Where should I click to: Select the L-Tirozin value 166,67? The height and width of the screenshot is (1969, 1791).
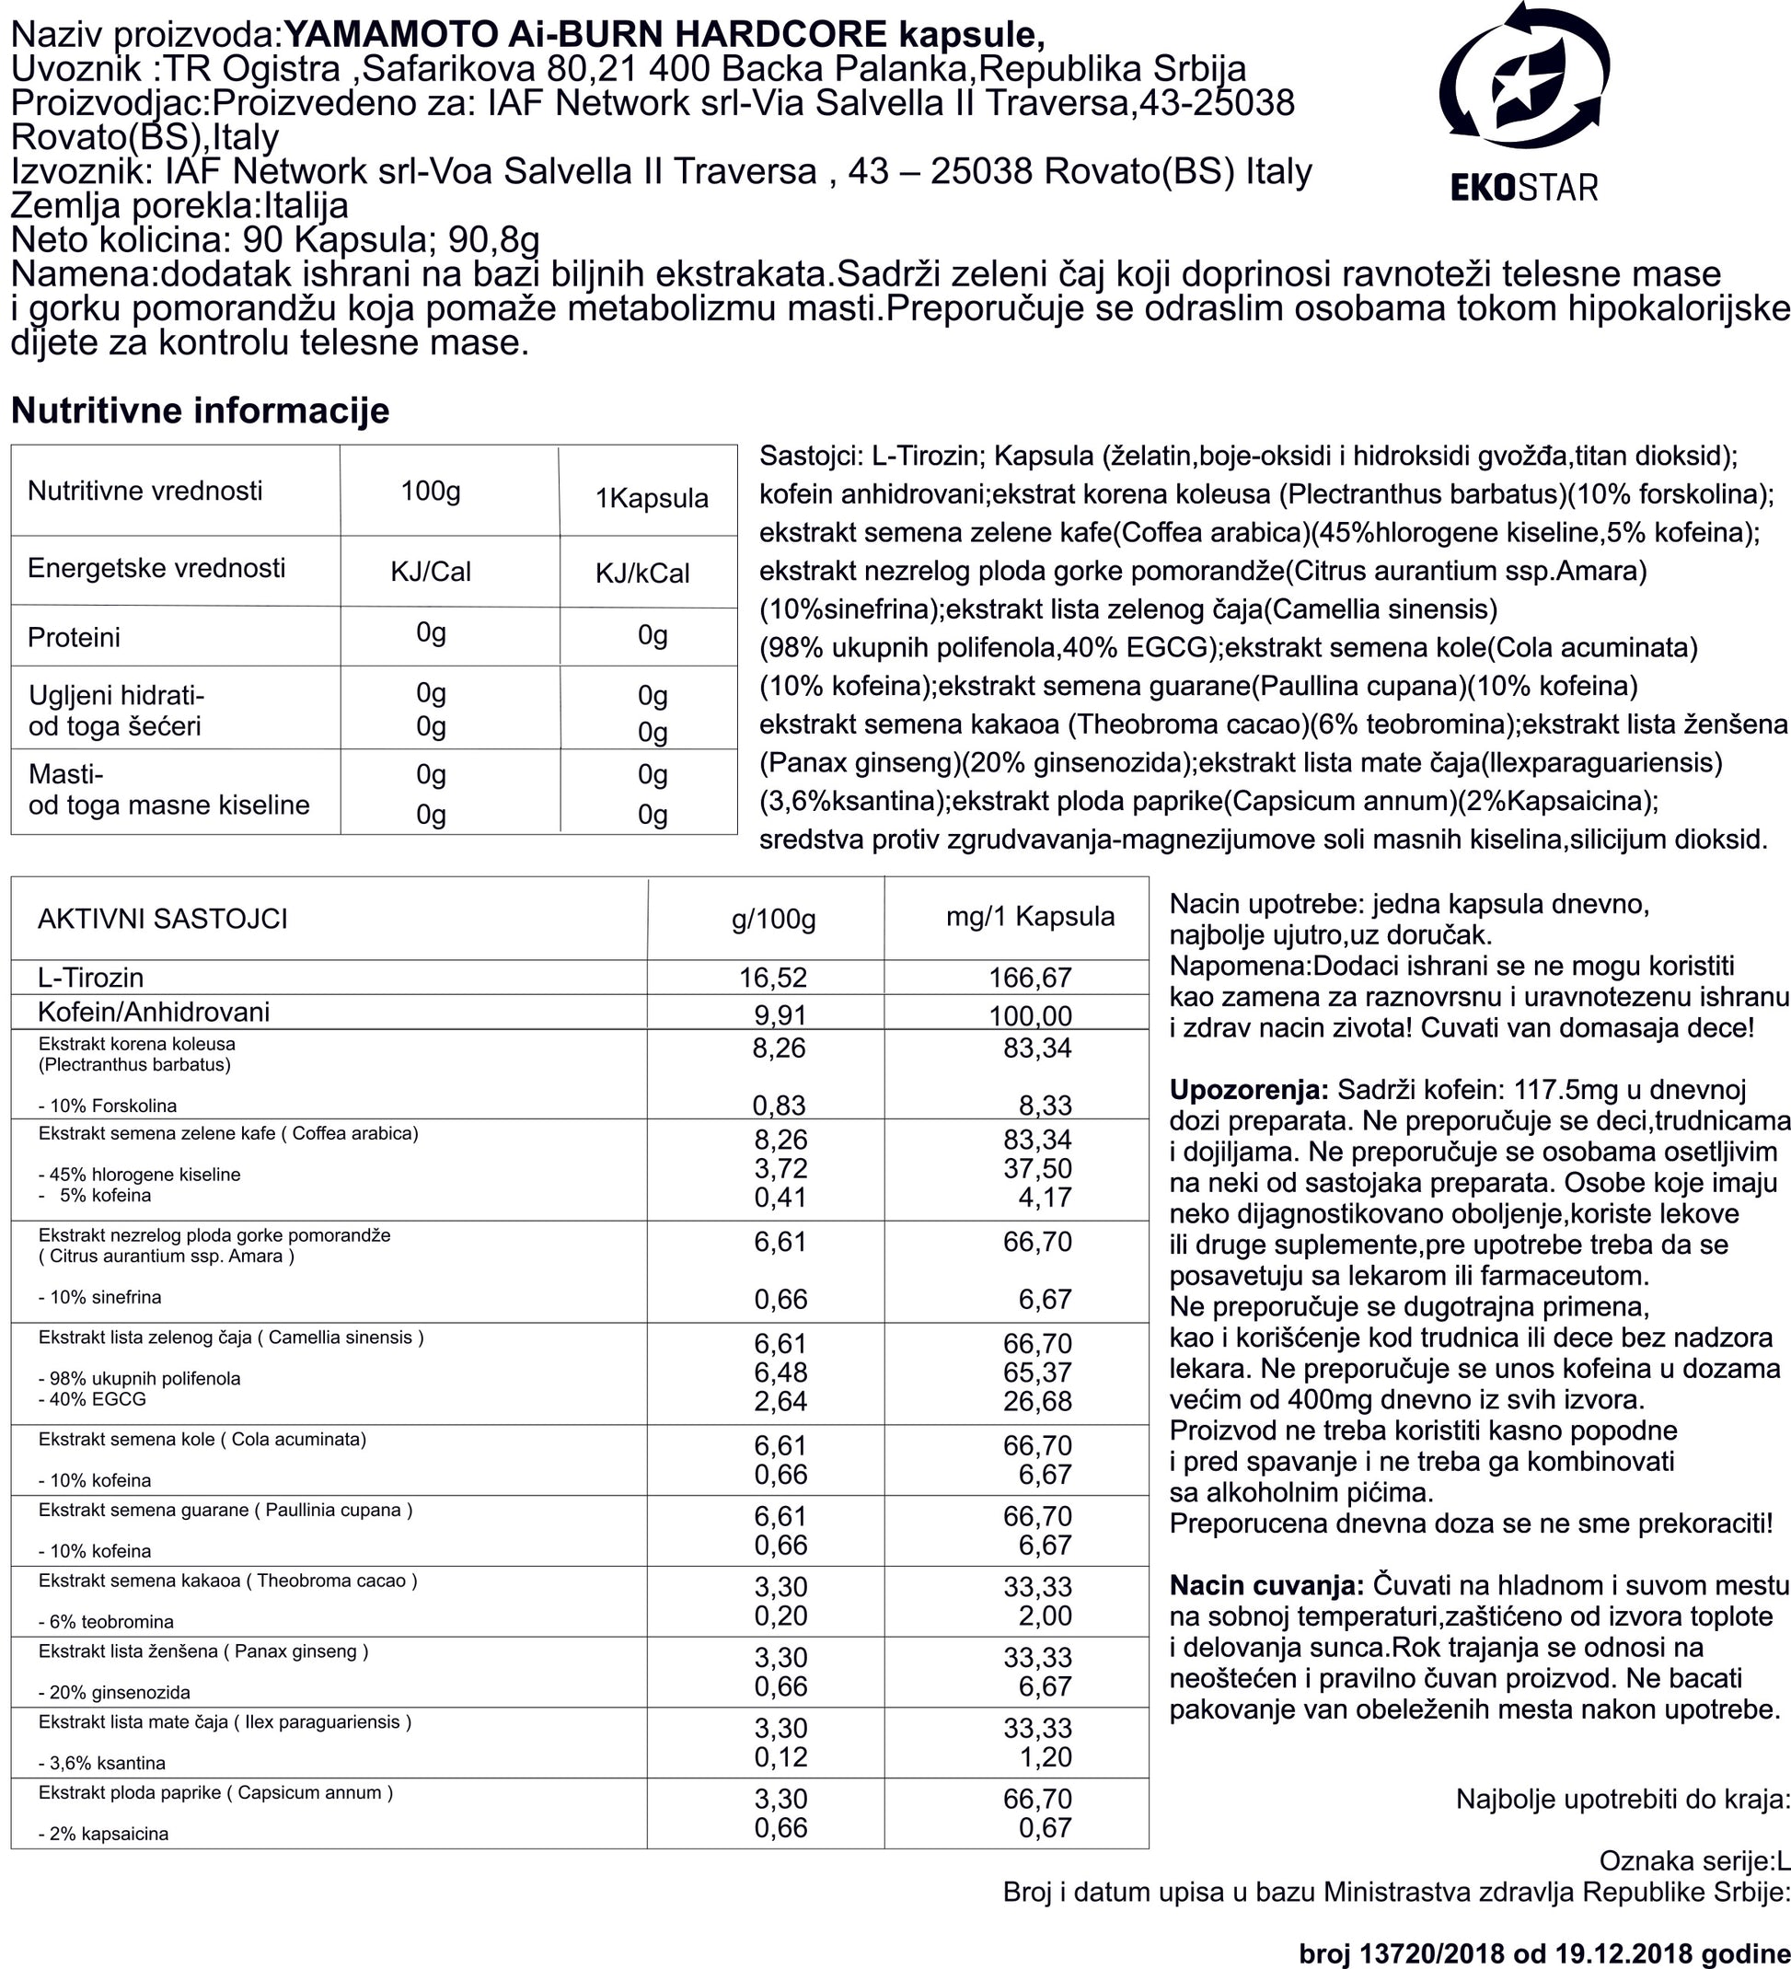point(1030,977)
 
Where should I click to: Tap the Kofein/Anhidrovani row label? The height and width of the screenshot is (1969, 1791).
point(154,1012)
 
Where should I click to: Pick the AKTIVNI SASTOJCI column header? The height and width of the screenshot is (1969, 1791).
point(162,918)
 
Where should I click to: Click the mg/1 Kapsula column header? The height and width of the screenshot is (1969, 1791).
point(1030,916)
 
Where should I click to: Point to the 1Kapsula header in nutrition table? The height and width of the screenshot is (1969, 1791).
point(652,498)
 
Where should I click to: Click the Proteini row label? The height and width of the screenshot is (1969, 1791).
point(75,638)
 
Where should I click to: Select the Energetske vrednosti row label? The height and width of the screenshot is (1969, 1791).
point(156,569)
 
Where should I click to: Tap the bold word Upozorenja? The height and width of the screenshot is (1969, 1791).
point(1248,1090)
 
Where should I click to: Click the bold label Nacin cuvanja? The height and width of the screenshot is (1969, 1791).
point(1266,1585)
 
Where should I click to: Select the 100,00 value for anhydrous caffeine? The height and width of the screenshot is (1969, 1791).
point(1030,1015)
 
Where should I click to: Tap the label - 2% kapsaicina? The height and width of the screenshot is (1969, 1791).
point(103,1835)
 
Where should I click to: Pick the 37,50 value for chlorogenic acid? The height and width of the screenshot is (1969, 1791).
point(1037,1169)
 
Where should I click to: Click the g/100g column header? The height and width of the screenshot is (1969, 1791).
point(773,919)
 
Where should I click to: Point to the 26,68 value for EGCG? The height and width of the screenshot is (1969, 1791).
point(1037,1402)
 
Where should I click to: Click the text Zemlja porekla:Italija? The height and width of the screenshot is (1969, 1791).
point(179,206)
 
